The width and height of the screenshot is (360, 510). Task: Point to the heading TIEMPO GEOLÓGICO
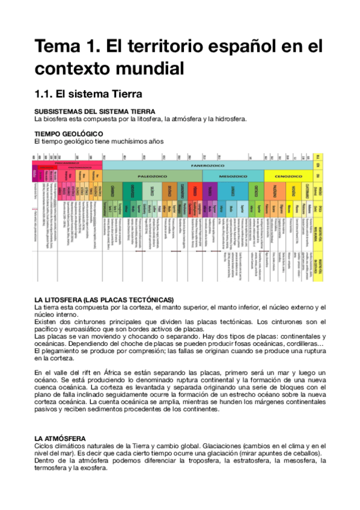pyautogui.click(x=69, y=134)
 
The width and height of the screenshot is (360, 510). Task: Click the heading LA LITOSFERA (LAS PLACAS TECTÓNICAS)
pyautogui.click(x=104, y=300)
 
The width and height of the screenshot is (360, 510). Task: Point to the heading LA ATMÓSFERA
pyautogui.click(x=60, y=438)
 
